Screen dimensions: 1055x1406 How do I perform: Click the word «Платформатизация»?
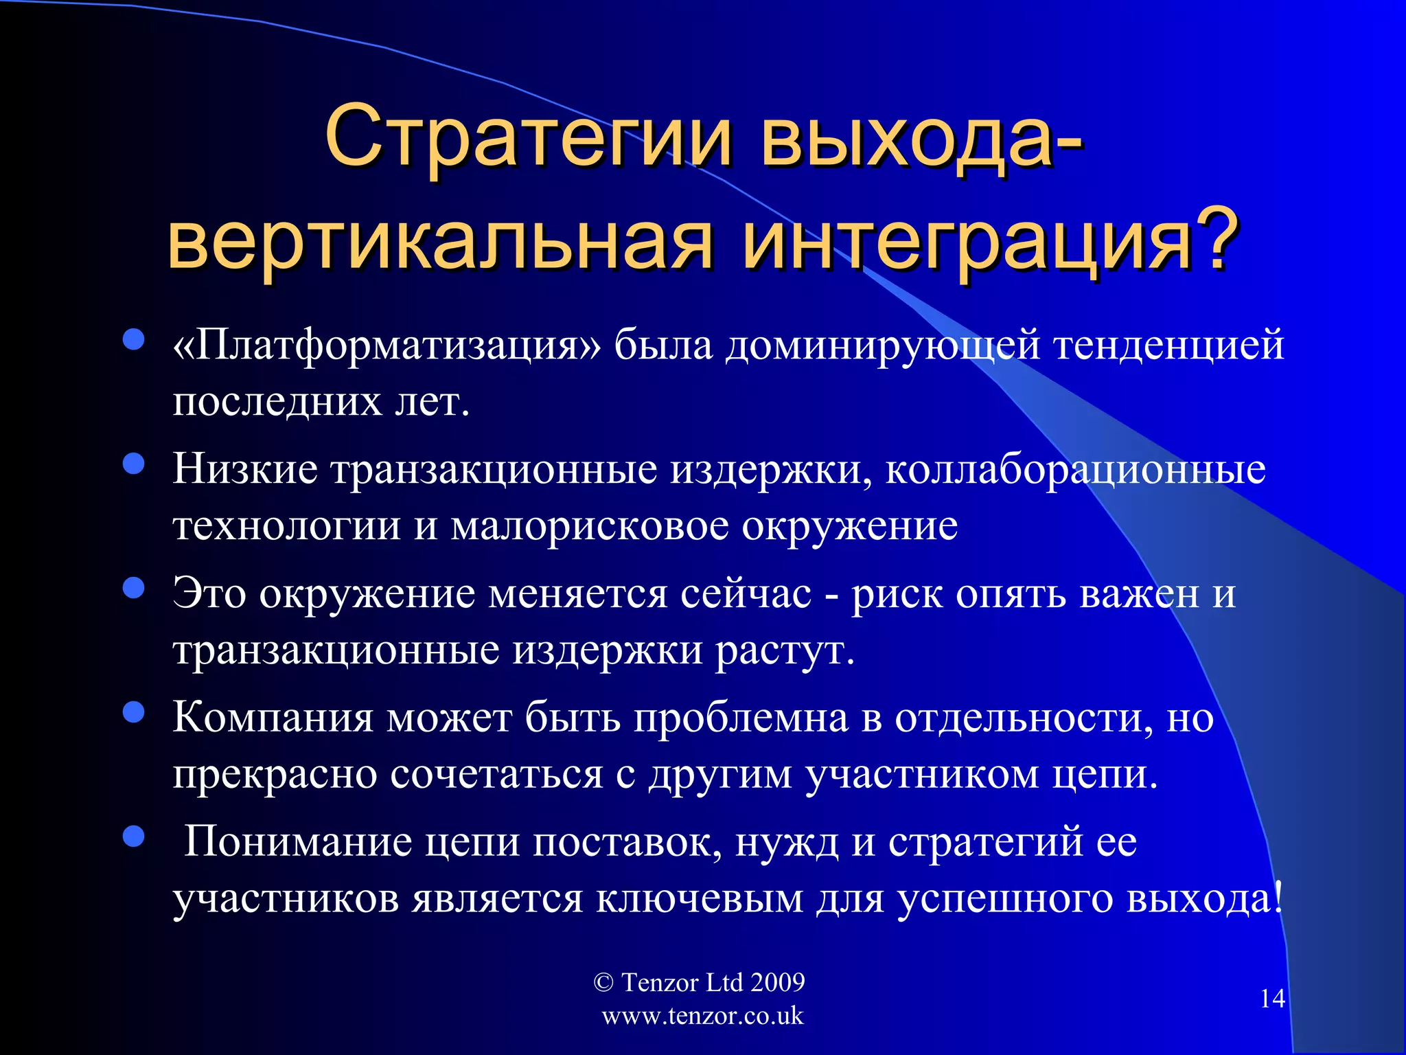pyautogui.click(x=387, y=345)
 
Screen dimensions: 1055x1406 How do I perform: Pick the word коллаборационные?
pyautogui.click(x=1075, y=470)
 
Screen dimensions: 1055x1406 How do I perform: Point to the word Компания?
pyautogui.click(x=273, y=718)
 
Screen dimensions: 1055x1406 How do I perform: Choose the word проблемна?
pyautogui.click(x=741, y=718)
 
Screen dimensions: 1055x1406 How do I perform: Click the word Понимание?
pyautogui.click(x=298, y=842)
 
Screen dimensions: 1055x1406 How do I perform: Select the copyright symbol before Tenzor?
pyautogui.click(x=603, y=983)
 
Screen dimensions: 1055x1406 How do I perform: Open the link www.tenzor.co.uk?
pyautogui.click(x=702, y=1016)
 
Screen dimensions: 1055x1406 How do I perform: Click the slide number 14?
pyautogui.click(x=1272, y=999)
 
